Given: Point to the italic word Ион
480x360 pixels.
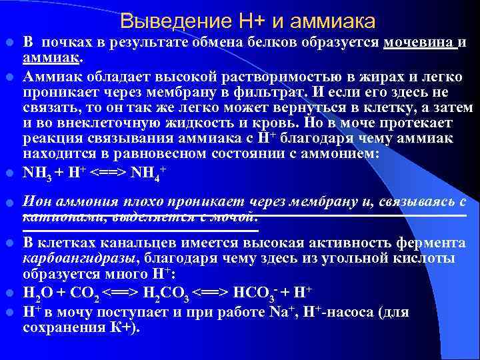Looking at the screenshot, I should point(37,201).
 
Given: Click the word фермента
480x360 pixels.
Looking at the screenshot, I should point(433,243).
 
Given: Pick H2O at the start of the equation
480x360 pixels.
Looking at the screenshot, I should point(37,293).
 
